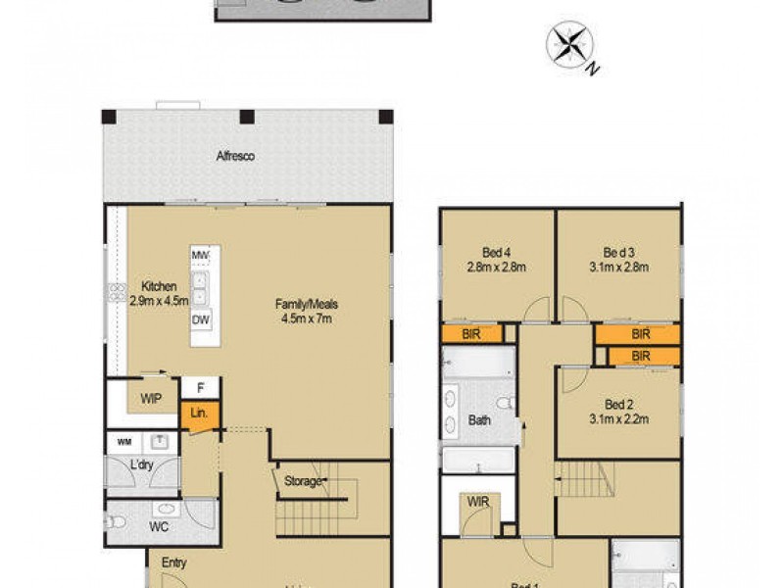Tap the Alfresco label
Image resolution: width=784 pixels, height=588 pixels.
pyautogui.click(x=236, y=156)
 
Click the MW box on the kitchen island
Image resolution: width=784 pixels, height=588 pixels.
pyautogui.click(x=201, y=257)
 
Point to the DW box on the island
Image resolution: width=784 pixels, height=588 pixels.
pyautogui.click(x=201, y=320)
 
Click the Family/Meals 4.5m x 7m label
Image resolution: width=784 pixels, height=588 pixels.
pyautogui.click(x=305, y=311)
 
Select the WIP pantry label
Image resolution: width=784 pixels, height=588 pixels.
pyautogui.click(x=150, y=399)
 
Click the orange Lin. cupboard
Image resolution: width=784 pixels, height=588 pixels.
pyautogui.click(x=200, y=414)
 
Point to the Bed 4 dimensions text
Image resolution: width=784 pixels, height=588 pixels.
pyautogui.click(x=498, y=266)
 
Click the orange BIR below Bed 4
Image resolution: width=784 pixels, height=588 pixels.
pyautogui.click(x=471, y=334)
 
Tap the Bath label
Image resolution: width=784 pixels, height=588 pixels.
pyautogui.click(x=480, y=421)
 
